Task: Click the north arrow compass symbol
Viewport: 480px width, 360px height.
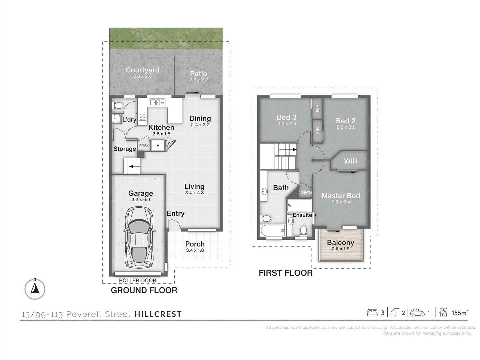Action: (x=35, y=289)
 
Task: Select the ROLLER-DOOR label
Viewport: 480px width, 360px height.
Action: (x=137, y=281)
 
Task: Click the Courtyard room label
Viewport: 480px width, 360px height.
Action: (x=142, y=70)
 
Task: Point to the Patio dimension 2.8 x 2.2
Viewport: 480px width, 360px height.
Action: (x=199, y=80)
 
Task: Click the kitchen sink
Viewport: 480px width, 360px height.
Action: (x=157, y=102)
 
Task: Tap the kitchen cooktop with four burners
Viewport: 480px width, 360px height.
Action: (x=143, y=117)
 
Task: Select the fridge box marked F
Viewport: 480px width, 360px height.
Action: (x=158, y=146)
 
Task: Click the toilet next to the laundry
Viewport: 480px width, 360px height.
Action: (x=118, y=106)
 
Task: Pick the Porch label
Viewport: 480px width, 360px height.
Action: (x=195, y=244)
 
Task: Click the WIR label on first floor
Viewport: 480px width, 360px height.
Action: (x=350, y=161)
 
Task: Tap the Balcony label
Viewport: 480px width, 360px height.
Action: (x=340, y=243)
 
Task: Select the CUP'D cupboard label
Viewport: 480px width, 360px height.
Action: (x=305, y=193)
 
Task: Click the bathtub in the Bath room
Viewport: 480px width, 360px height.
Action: (x=273, y=230)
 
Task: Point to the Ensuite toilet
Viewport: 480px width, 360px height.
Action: (x=303, y=230)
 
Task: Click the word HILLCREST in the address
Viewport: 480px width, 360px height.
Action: (x=158, y=314)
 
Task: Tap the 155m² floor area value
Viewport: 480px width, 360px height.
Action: (x=460, y=313)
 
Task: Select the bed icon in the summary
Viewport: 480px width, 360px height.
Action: (x=372, y=313)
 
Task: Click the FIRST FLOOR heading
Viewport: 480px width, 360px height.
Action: (x=285, y=273)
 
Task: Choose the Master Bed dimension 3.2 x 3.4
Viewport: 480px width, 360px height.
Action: (x=340, y=202)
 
